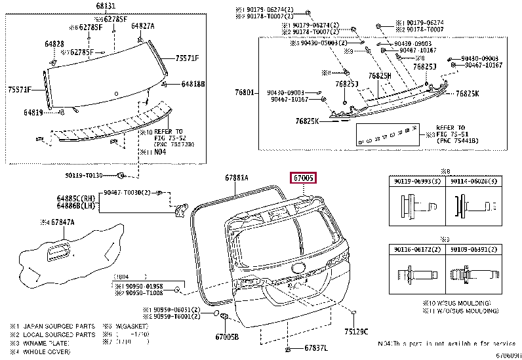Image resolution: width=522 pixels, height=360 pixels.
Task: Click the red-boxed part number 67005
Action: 304,178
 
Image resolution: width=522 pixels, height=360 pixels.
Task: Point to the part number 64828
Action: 54,43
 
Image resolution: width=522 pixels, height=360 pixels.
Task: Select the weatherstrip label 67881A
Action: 237,177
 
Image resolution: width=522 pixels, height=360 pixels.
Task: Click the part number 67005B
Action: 228,336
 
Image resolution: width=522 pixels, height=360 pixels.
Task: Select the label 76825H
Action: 379,76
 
